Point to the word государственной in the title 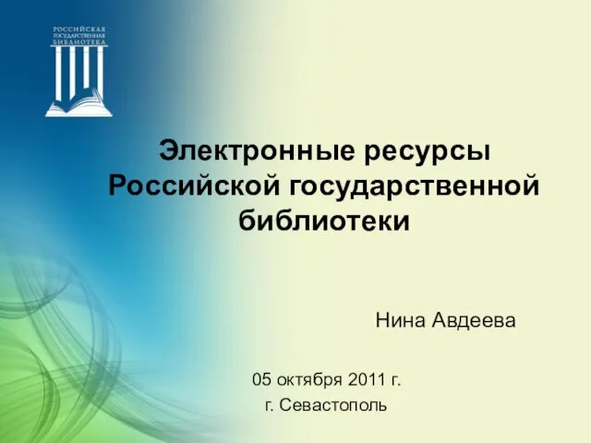414,186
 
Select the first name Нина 400,320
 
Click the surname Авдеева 474,321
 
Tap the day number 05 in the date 261,379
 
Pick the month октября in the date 309,380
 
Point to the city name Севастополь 333,405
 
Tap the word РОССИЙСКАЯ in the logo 79,30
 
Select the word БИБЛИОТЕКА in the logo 79,42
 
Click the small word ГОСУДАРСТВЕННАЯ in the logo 79,36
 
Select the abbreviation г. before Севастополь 269,407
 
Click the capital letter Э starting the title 168,151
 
